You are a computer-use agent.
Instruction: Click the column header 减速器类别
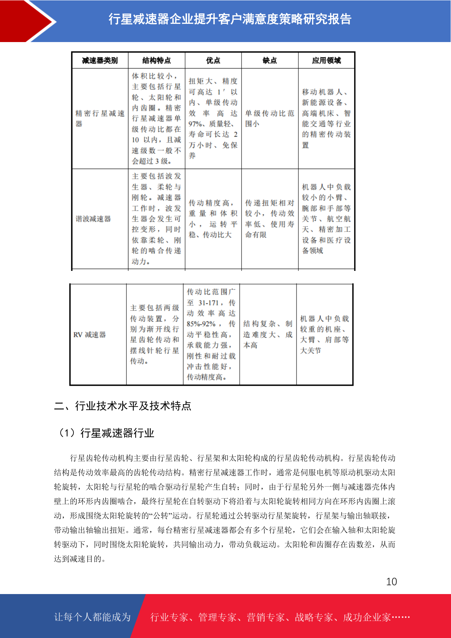pyautogui.click(x=100, y=61)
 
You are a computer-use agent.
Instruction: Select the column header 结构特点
pyautogui.click(x=156, y=61)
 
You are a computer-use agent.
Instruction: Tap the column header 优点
pyautogui.click(x=213, y=61)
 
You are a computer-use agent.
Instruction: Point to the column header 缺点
pyautogui.click(x=270, y=61)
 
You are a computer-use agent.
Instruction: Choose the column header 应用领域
pyautogui.click(x=326, y=61)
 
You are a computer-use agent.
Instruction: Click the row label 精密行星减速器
pyautogui.click(x=100, y=119)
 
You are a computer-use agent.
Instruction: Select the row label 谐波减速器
pyautogui.click(x=94, y=219)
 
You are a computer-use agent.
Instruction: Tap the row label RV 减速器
pyautogui.click(x=90, y=335)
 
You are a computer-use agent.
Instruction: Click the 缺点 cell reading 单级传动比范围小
pyautogui.click(x=270, y=119)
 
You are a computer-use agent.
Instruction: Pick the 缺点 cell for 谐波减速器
pyautogui.click(x=270, y=219)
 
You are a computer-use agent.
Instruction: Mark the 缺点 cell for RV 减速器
pyautogui.click(x=268, y=335)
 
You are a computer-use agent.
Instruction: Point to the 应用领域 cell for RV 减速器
pyautogui.click(x=325, y=335)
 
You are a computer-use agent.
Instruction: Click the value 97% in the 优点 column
pyautogui.click(x=195, y=124)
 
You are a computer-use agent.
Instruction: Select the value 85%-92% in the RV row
pyautogui.click(x=201, y=324)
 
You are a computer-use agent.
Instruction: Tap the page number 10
pyautogui.click(x=392, y=582)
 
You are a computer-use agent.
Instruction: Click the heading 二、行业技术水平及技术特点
pyautogui.click(x=123, y=406)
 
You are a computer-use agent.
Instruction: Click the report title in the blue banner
pyautogui.click(x=230, y=19)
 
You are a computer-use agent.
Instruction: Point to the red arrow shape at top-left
pyautogui.click(x=27, y=21)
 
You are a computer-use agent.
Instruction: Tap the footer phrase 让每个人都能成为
pyautogui.click(x=92, y=617)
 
